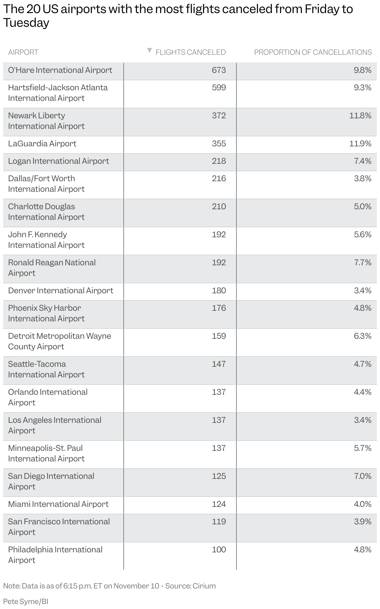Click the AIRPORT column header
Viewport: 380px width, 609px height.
click(x=23, y=52)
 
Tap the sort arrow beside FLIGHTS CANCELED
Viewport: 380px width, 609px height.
click(x=150, y=50)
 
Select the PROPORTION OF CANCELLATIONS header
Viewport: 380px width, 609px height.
click(x=313, y=52)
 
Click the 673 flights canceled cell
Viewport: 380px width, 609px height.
click(x=219, y=70)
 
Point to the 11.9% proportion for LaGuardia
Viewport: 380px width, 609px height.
click(x=360, y=144)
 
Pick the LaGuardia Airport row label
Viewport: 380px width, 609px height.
click(x=42, y=144)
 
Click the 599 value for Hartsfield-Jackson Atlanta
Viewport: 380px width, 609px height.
click(x=219, y=87)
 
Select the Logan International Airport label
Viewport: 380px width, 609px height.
click(x=59, y=161)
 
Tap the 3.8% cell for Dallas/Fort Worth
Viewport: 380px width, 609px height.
click(x=363, y=178)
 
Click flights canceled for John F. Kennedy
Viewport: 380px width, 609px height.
click(x=219, y=234)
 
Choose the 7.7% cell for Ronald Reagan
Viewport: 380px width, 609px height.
click(x=363, y=262)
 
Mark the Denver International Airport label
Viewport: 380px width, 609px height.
click(x=60, y=290)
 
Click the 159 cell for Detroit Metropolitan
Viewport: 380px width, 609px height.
click(x=219, y=336)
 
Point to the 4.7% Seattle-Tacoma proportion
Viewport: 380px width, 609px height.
click(x=363, y=364)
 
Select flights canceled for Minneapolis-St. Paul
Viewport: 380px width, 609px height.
click(x=219, y=448)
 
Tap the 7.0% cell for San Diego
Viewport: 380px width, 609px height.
click(x=363, y=476)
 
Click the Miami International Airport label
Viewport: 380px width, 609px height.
click(x=58, y=504)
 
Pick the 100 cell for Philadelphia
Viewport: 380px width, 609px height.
click(x=219, y=550)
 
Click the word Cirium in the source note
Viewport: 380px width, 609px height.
click(x=204, y=586)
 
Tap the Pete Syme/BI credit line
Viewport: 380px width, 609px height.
click(x=26, y=602)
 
